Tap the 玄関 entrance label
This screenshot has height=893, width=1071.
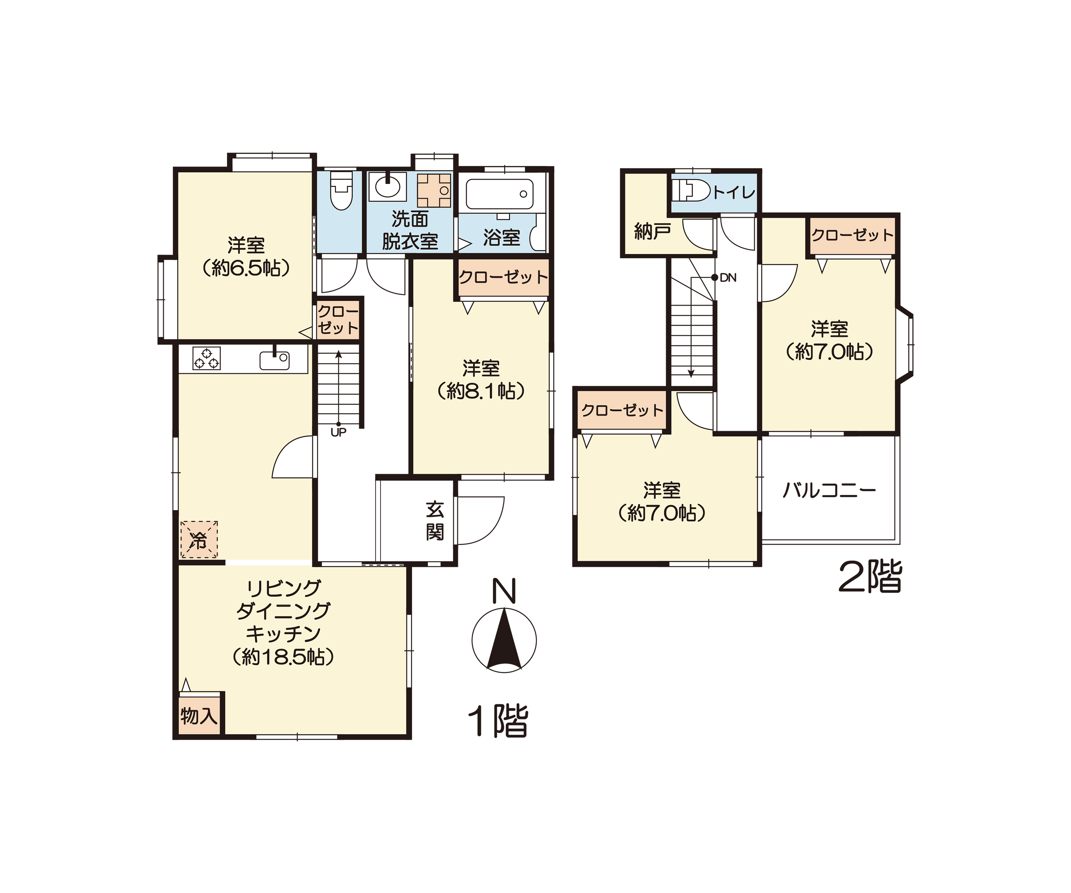(435, 521)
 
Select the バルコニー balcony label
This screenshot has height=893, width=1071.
(829, 490)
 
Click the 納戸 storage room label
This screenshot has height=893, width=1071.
(652, 232)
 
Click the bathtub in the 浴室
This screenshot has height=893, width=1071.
(500, 194)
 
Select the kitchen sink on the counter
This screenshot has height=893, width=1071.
(275, 360)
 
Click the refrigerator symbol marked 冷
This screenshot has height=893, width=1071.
(199, 539)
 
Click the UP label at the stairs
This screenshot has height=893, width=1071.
(339, 432)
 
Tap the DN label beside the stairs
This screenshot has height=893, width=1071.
(728, 278)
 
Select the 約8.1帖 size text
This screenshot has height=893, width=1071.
(481, 391)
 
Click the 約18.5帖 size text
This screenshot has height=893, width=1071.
(283, 657)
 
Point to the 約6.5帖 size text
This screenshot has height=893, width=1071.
(246, 268)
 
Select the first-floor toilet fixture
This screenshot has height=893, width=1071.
(341, 190)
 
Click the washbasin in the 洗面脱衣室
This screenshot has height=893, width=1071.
(388, 186)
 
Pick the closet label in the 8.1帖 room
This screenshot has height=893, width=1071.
(503, 278)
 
